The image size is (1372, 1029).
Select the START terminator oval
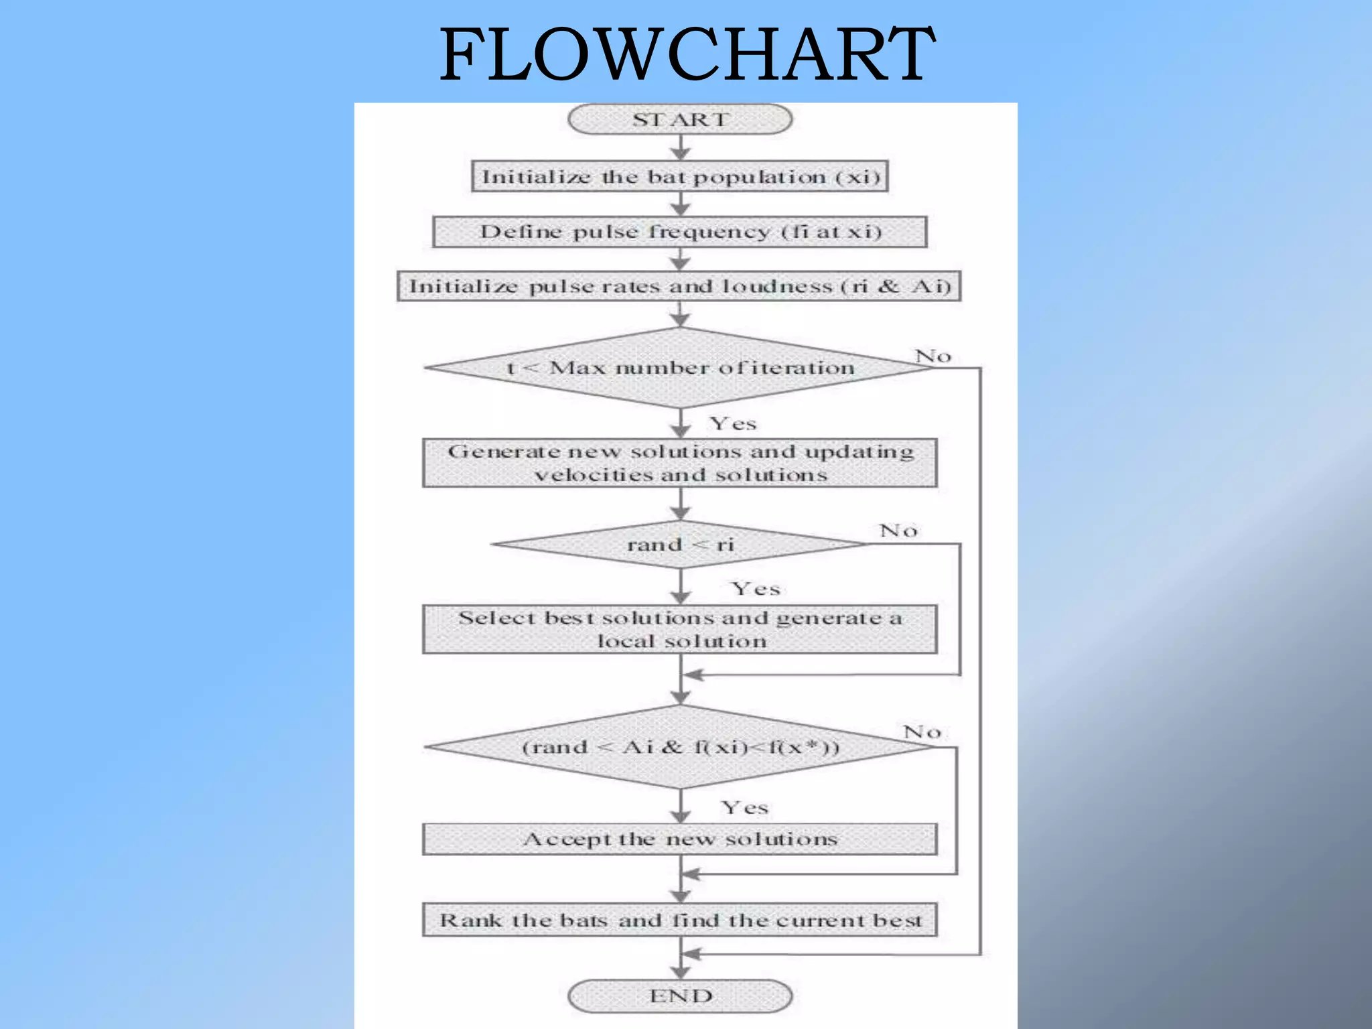(680, 119)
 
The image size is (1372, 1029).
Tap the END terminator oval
(680, 996)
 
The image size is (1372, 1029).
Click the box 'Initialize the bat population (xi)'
(680, 176)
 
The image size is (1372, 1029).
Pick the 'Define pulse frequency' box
(680, 232)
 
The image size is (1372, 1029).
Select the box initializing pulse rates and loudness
(680, 286)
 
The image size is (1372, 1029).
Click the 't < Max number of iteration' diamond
(680, 368)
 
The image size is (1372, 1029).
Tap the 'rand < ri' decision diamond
(680, 544)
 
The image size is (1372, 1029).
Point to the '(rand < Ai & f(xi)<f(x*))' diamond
(680, 746)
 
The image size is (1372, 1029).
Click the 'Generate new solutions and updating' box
(680, 463)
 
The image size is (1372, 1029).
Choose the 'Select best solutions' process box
(680, 629)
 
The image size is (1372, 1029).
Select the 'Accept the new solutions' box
(680, 839)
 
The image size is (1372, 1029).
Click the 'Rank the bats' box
(680, 920)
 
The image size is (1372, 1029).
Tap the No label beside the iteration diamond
(933, 356)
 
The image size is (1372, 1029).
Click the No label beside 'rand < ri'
(898, 531)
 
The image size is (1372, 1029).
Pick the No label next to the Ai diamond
(922, 732)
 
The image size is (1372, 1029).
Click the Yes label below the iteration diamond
(733, 423)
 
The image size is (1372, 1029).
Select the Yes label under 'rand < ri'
(756, 589)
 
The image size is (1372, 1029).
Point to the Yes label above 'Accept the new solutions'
(744, 807)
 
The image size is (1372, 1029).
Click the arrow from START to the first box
(681, 147)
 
